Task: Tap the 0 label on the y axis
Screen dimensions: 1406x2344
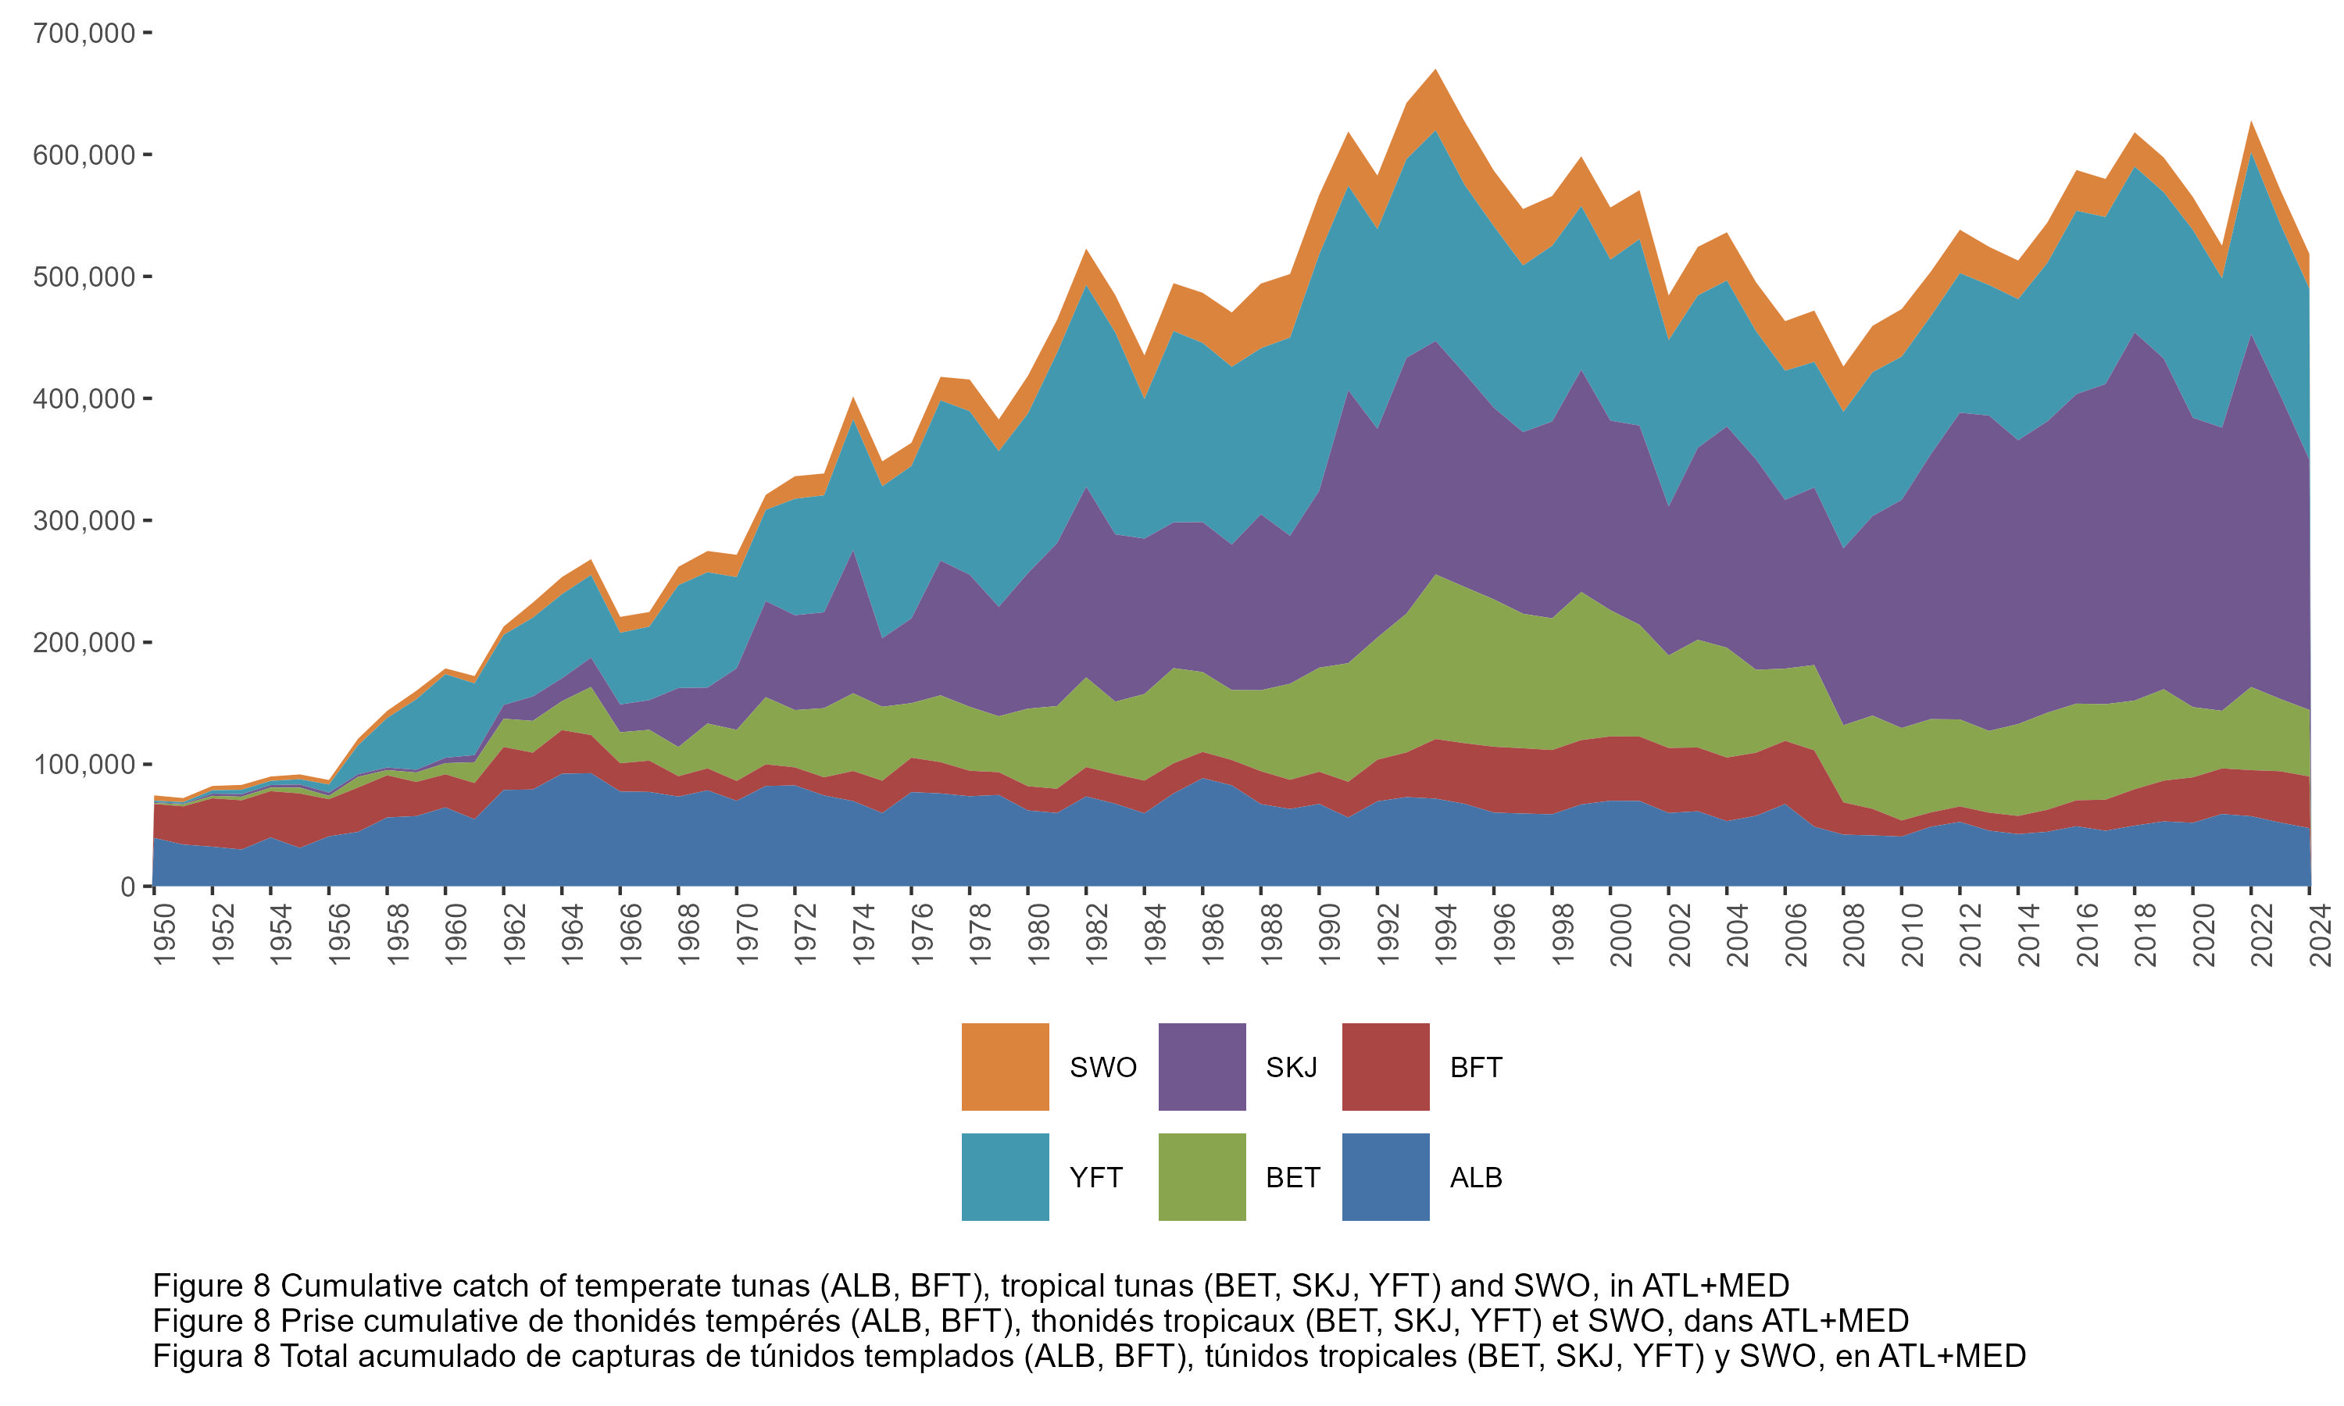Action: point(128,887)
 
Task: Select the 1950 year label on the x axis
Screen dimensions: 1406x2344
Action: point(165,935)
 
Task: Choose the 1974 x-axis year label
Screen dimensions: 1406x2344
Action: point(864,935)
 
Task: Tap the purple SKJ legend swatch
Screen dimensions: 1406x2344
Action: point(1202,1067)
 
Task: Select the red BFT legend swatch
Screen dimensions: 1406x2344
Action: point(1385,1067)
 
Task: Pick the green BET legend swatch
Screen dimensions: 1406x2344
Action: point(1202,1176)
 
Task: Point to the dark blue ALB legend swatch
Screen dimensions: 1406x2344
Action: point(1385,1176)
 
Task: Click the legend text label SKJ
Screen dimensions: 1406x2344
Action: point(1292,1068)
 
